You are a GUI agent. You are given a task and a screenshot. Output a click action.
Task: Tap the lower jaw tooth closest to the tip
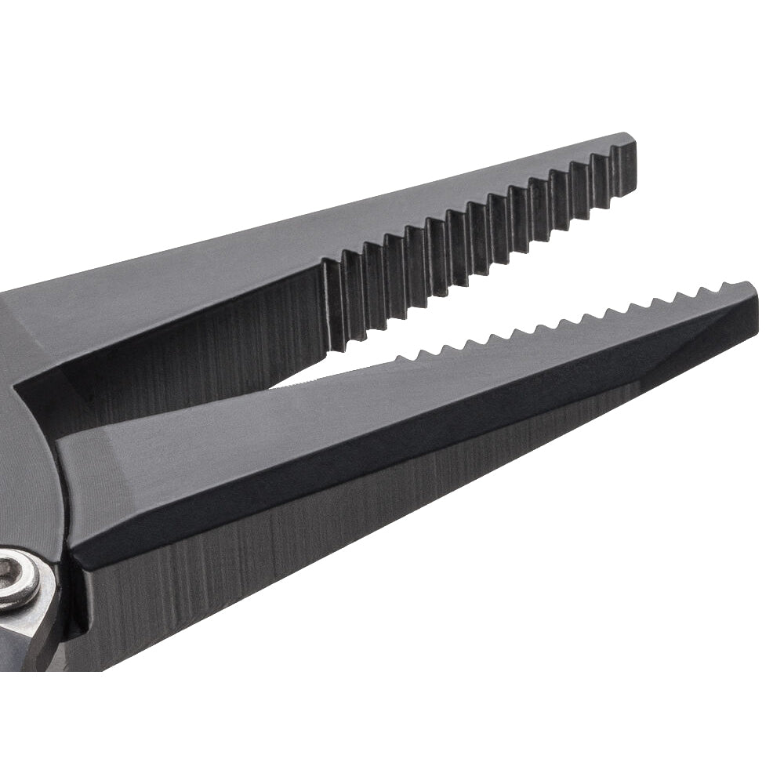point(726,287)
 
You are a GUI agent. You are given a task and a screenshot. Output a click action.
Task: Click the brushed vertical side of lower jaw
point(314,564)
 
